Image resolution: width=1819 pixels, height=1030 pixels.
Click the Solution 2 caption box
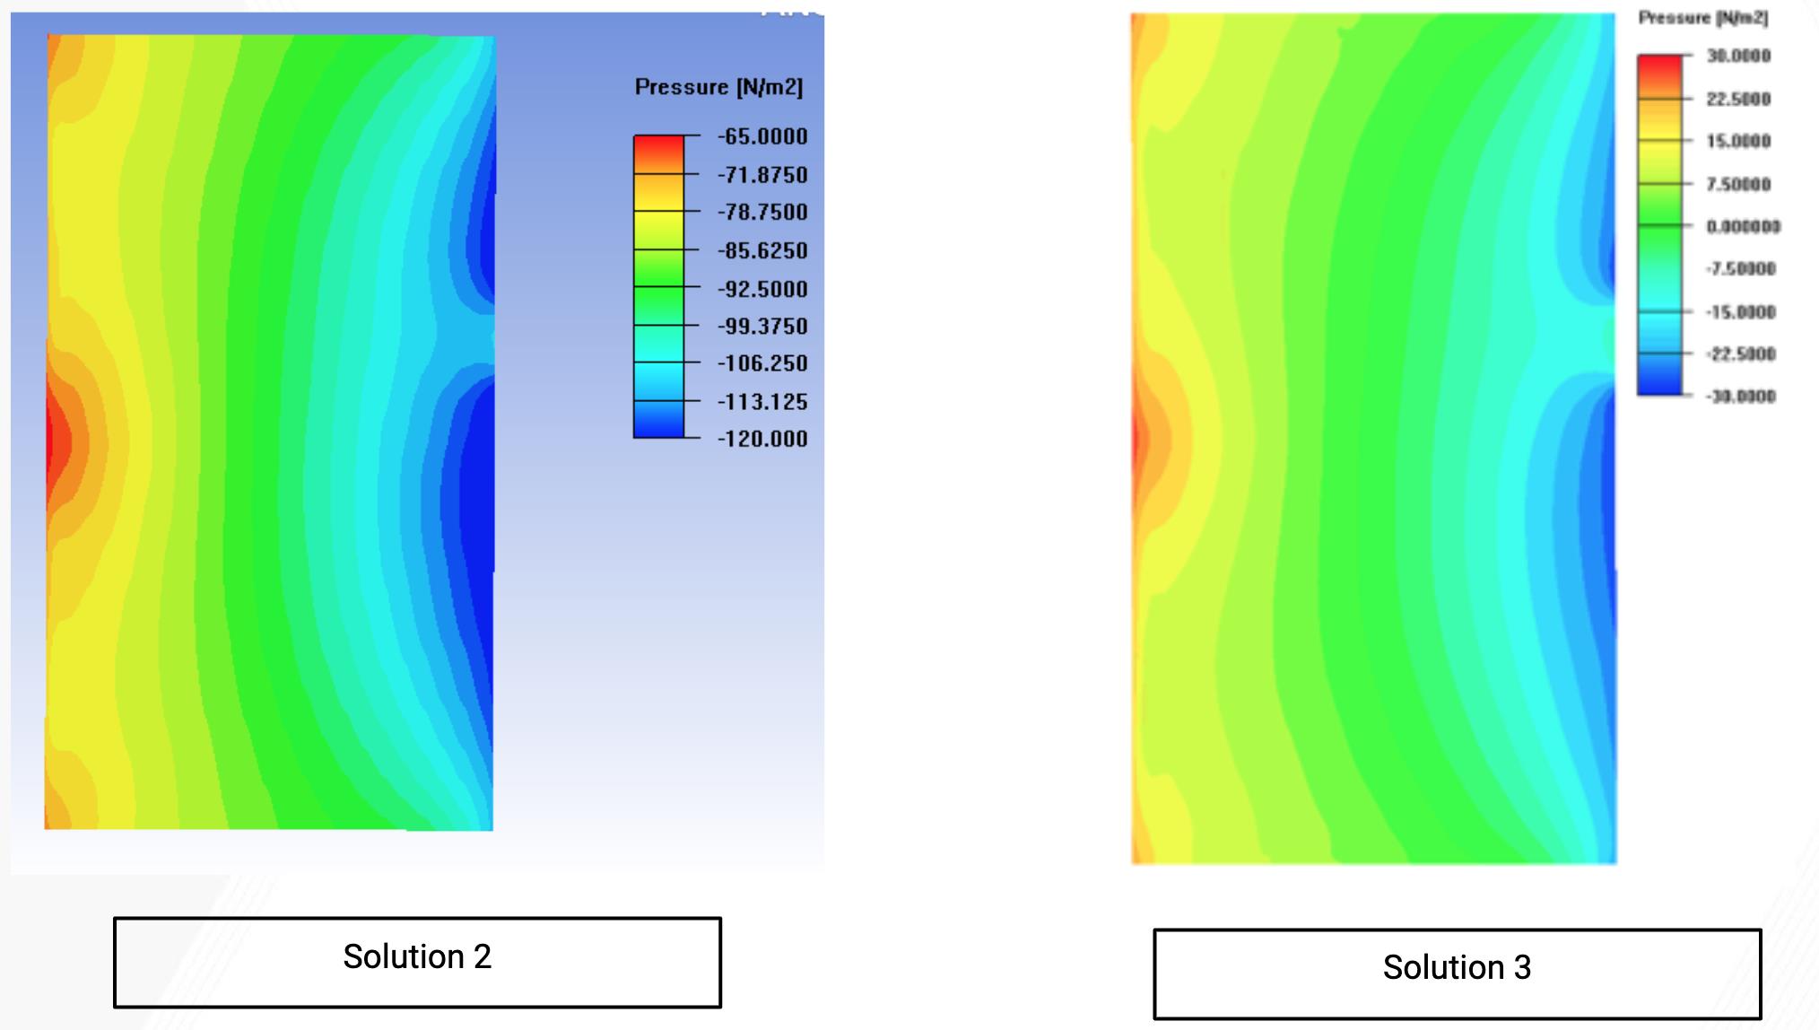417,962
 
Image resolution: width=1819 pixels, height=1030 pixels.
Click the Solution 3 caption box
1457,973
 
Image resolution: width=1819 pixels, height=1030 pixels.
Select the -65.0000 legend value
762,136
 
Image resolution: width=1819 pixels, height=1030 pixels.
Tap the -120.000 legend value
762,439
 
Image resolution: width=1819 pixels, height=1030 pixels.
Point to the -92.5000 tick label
762,289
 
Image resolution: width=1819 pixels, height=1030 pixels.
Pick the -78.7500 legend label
762,212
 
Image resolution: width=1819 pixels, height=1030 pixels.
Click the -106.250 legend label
762,363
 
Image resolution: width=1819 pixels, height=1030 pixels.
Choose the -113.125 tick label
762,401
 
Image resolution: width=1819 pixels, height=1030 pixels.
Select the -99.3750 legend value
762,326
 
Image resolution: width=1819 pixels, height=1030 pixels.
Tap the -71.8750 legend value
762,175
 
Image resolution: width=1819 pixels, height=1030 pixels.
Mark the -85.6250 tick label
762,250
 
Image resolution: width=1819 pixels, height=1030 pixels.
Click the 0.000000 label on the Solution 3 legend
1743,226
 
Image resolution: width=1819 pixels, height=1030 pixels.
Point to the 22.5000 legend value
1738,99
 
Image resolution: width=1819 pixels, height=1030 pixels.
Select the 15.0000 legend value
1738,141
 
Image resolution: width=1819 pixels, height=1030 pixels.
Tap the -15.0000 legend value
1740,312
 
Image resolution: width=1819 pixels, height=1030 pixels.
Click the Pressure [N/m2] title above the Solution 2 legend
718,87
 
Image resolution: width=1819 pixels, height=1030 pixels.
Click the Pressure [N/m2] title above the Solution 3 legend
1702,18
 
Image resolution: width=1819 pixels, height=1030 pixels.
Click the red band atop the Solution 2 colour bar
658,148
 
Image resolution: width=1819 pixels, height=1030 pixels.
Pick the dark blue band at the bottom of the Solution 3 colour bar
1658,381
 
